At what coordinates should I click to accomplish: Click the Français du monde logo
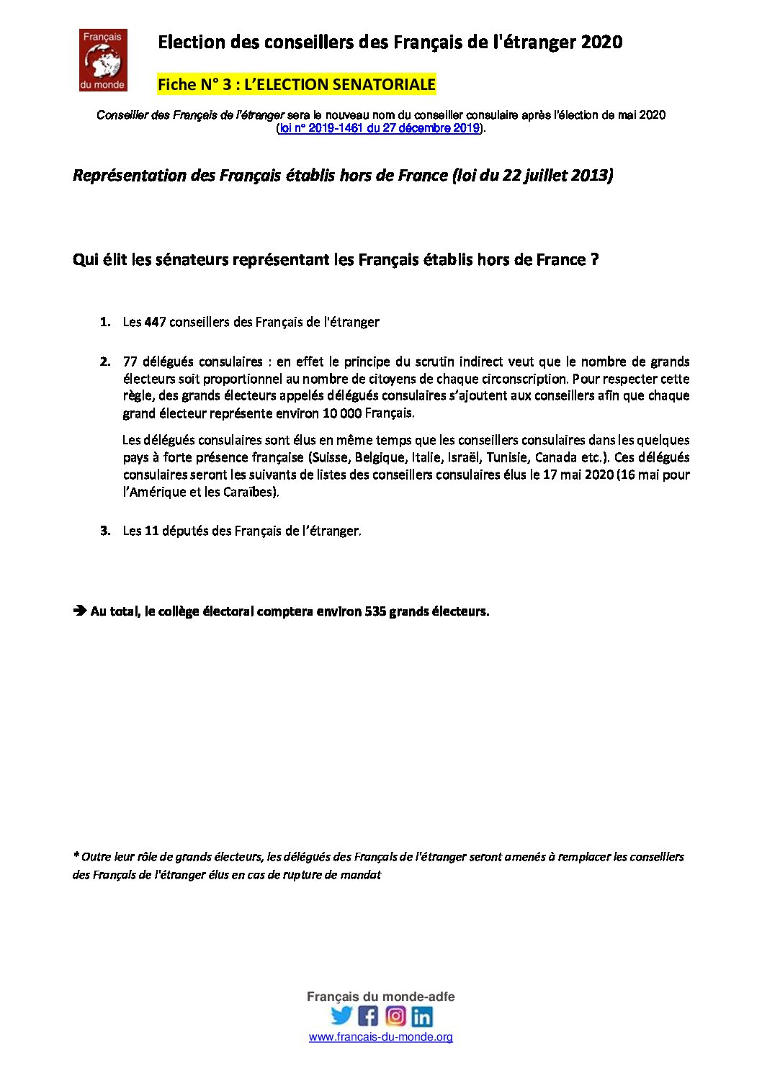(103, 60)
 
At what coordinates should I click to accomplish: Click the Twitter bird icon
(341, 1015)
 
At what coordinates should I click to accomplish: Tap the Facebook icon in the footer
(368, 1015)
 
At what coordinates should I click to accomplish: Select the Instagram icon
(395, 1015)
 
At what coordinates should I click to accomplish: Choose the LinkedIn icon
(422, 1016)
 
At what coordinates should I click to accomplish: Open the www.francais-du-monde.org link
(380, 1037)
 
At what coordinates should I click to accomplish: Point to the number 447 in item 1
(155, 322)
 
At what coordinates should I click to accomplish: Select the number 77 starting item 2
(130, 361)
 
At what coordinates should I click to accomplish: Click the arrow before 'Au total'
(79, 611)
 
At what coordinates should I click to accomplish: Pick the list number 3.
(105, 531)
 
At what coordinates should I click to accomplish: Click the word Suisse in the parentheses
(328, 457)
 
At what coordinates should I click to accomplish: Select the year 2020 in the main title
(601, 42)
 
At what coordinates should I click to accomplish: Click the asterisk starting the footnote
(76, 855)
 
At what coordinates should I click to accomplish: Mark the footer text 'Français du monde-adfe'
(380, 997)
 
